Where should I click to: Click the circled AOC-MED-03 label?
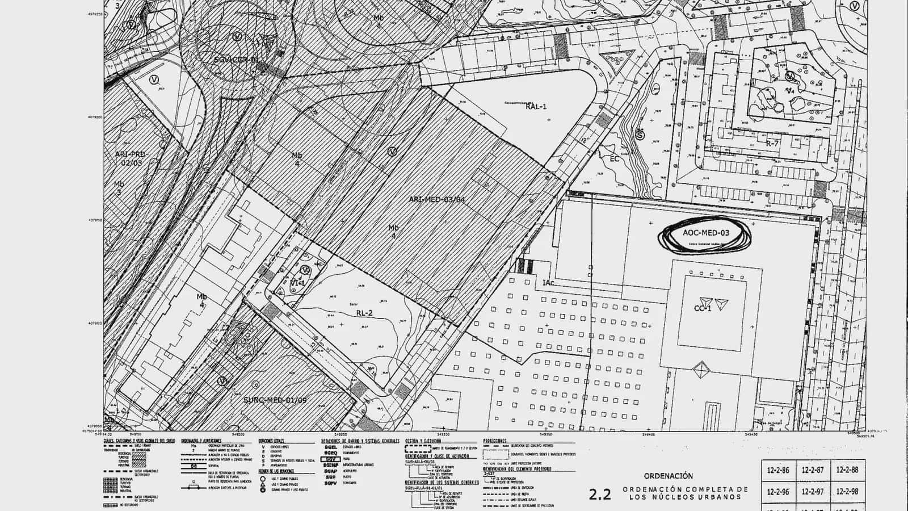[706, 233]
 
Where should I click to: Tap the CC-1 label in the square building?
[703, 308]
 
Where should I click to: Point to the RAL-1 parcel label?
[536, 106]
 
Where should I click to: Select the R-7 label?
[772, 144]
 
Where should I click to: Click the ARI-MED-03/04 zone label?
[437, 199]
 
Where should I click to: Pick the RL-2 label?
[364, 313]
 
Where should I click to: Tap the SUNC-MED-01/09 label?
[275, 400]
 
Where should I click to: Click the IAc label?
[548, 283]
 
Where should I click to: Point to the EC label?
[615, 159]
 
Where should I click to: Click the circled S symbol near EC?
[640, 136]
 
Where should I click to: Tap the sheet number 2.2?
[600, 494]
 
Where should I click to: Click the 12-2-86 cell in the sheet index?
[778, 470]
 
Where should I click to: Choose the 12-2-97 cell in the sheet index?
[813, 492]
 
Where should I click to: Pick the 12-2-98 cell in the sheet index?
[847, 492]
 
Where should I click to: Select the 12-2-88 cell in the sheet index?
[847, 470]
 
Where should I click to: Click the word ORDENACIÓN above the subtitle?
[668, 476]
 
